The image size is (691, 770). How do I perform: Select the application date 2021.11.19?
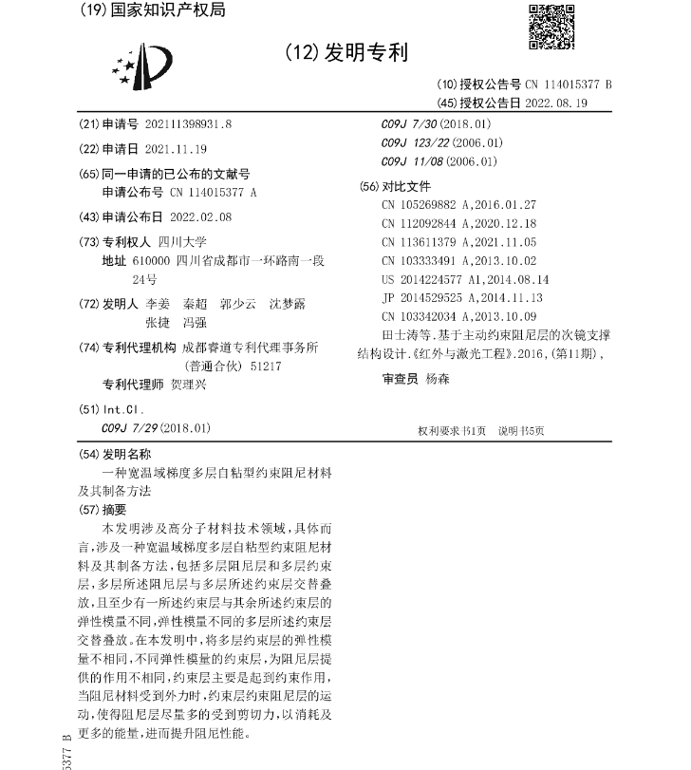coord(175,149)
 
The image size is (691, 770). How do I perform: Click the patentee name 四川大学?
coord(182,241)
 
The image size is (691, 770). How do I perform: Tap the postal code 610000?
coord(151,260)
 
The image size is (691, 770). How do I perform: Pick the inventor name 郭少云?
coord(237,305)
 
